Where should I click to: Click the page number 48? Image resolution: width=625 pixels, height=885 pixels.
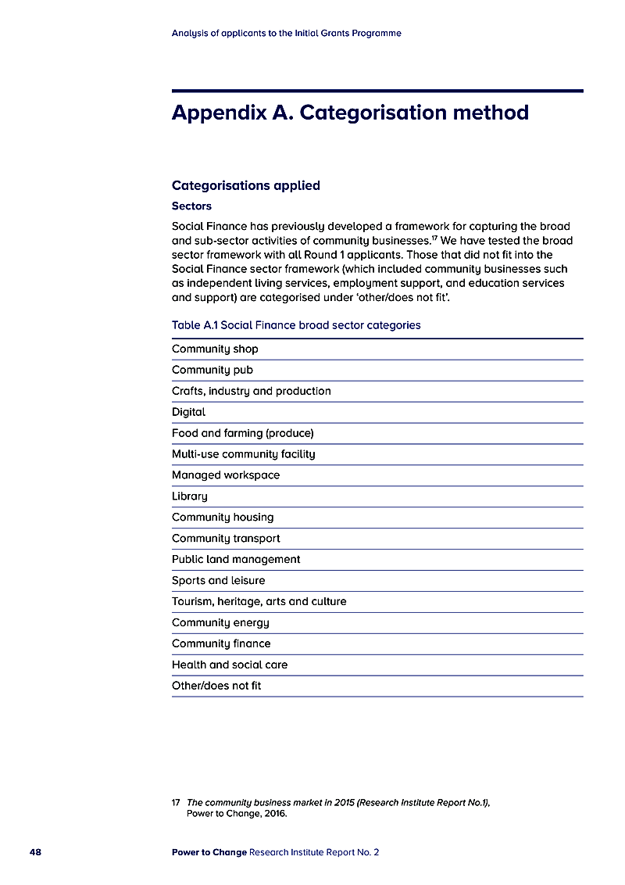35,852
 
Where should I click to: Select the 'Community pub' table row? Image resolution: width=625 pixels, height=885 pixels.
212,370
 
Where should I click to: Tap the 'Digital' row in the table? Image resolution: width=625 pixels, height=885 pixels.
189,412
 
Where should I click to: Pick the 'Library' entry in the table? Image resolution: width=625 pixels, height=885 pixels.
190,496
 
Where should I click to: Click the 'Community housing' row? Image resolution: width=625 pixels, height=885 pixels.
223,518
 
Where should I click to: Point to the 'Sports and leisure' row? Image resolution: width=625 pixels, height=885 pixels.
219,581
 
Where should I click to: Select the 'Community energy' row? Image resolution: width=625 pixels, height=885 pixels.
220,623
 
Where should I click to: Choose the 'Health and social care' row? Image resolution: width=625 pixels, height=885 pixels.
230,665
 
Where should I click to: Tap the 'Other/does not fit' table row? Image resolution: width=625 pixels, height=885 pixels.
216,686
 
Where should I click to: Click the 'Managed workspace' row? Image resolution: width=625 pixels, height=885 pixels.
226,475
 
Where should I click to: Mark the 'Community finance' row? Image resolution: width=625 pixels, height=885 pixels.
221,644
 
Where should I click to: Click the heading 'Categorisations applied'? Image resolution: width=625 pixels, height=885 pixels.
246,185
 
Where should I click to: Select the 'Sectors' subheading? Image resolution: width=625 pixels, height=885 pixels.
191,206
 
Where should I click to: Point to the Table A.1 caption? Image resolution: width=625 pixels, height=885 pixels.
296,325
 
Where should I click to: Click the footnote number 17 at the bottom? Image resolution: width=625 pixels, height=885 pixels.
176,802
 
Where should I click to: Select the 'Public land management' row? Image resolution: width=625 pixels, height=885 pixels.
236,560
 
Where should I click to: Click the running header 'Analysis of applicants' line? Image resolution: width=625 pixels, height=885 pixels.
286,34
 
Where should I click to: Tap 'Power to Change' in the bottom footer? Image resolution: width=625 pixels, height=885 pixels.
209,852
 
